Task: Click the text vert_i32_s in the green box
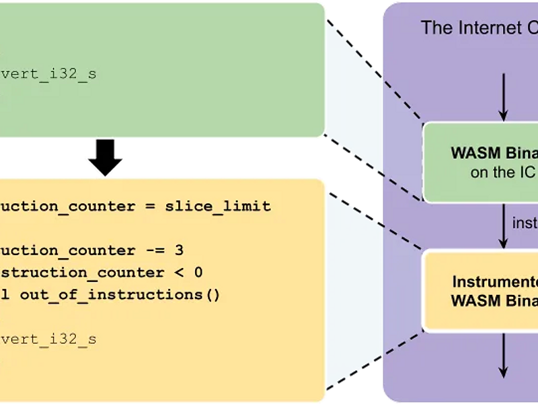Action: (48, 73)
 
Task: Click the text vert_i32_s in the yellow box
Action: (48, 339)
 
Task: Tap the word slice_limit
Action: (218, 206)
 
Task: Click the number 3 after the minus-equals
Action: (179, 250)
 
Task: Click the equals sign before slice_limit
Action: (150, 206)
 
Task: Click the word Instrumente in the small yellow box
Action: (495, 281)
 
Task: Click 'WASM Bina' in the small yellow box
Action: (494, 300)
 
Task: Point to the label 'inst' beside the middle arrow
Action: (525, 223)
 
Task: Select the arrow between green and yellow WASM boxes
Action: (504, 226)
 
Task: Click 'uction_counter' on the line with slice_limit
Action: (67, 206)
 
